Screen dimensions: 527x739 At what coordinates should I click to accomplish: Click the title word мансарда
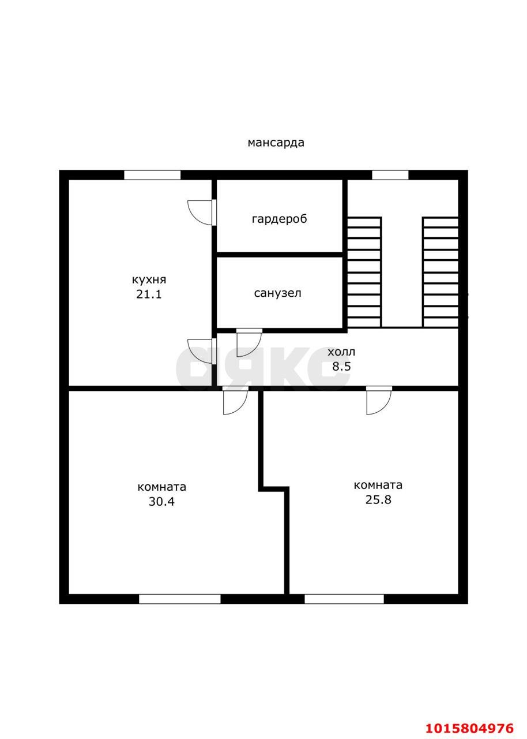(276, 143)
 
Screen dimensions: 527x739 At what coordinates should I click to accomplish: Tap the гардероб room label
(279, 219)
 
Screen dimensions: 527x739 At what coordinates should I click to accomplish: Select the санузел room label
(278, 293)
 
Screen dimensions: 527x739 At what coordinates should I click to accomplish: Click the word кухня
(149, 280)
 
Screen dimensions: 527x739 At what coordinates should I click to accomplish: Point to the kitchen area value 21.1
(149, 294)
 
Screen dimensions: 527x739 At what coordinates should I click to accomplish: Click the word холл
(341, 352)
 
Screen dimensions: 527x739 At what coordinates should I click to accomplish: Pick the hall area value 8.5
(341, 366)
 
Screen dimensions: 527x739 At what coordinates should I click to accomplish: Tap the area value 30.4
(161, 502)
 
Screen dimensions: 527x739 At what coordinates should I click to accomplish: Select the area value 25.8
(378, 499)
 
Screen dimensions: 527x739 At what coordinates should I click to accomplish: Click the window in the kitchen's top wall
(152, 175)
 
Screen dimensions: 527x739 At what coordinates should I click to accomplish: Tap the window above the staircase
(390, 175)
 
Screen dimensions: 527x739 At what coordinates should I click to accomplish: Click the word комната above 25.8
(378, 485)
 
